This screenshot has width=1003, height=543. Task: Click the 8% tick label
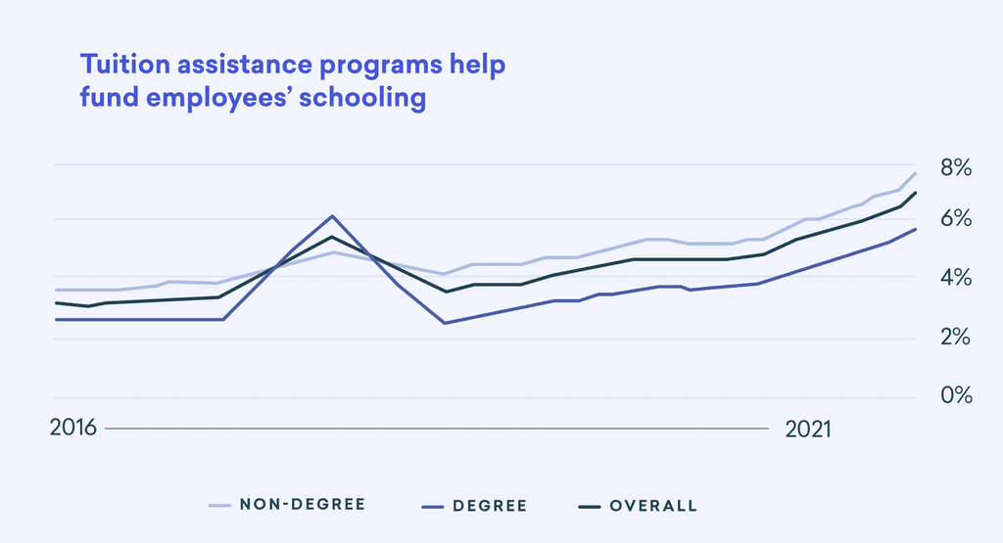(x=955, y=168)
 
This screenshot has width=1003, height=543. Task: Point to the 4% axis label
(x=955, y=279)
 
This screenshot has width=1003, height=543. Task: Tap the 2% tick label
(x=955, y=338)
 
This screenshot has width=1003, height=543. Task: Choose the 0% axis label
(x=955, y=396)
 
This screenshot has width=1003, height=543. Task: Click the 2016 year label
(x=72, y=430)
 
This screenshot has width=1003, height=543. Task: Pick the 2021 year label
(x=808, y=430)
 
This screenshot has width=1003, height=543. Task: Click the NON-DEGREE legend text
(x=302, y=505)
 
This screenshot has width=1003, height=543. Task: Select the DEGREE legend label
(x=490, y=506)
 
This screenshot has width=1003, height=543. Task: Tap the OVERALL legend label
(x=653, y=506)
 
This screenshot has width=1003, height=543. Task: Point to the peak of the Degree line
(x=332, y=216)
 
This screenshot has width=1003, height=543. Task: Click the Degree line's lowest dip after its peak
(x=445, y=323)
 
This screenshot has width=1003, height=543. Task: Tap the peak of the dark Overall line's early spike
(x=332, y=237)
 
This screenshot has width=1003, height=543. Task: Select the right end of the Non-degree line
(x=915, y=173)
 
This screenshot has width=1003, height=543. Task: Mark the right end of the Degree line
(x=915, y=229)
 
